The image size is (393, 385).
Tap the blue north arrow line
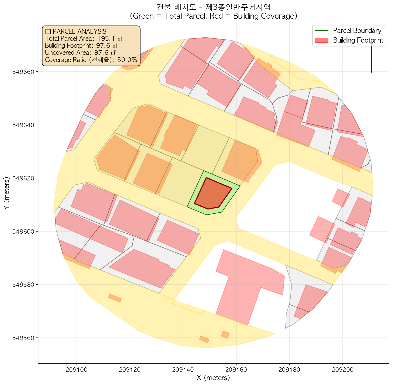pyautogui.click(x=371, y=58)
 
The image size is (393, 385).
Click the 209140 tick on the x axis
pyautogui.click(x=183, y=363)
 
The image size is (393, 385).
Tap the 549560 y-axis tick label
pyautogui.click(x=24, y=338)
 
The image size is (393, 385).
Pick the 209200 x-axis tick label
pyautogui.click(x=342, y=370)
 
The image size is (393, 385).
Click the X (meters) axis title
pyautogui.click(x=213, y=378)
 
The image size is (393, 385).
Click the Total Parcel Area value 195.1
pyautogui.click(x=106, y=38)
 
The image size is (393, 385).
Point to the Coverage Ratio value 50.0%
pyautogui.click(x=127, y=60)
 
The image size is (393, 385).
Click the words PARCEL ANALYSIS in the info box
pyautogui.click(x=79, y=31)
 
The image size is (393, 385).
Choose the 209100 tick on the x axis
pyautogui.click(x=77, y=363)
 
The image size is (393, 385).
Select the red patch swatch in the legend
pyautogui.click(x=321, y=40)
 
